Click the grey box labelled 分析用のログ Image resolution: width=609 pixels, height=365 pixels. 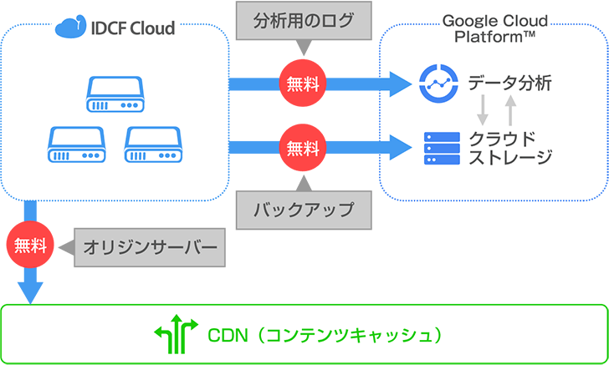point(303,21)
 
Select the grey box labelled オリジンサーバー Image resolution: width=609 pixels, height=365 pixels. point(151,246)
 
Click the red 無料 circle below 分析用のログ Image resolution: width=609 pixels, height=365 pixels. point(303,83)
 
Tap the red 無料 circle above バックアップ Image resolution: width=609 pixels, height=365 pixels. point(303,148)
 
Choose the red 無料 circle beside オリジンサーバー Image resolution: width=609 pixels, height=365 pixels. point(30,246)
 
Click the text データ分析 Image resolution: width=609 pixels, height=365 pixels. point(510,83)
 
